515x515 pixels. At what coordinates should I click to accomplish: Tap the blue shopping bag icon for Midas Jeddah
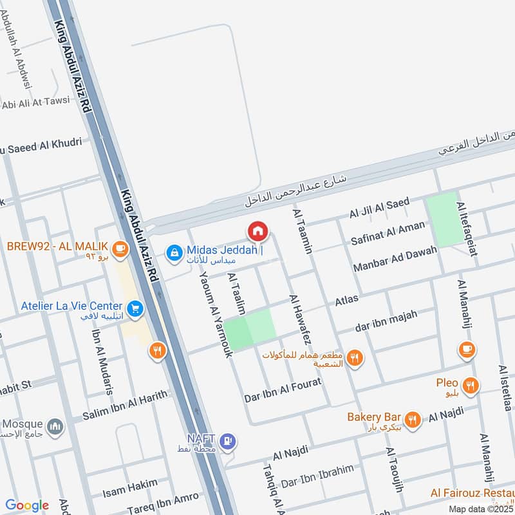pos(173,253)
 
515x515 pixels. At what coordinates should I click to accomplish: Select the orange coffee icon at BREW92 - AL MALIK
pos(119,247)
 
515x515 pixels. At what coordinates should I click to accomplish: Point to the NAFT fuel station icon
pos(227,442)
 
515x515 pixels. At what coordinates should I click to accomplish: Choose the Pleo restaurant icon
pos(471,386)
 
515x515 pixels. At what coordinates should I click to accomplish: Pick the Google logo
pos(26,505)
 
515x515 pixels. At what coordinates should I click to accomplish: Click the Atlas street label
pos(346,300)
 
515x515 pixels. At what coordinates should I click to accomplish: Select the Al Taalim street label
pos(236,293)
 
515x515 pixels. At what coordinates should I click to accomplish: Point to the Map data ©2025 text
pos(480,509)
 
